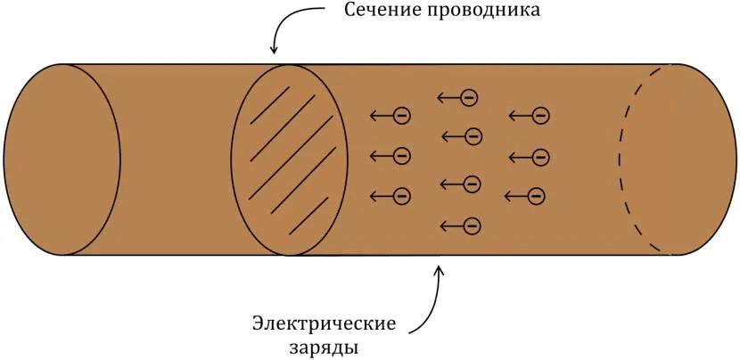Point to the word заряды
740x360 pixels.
(x=324, y=346)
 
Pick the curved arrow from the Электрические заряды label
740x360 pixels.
(x=432, y=299)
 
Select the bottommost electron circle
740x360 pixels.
(x=473, y=225)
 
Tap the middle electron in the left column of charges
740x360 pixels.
(x=401, y=156)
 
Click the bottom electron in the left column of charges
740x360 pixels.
(x=401, y=195)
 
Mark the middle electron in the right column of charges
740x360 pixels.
(x=540, y=157)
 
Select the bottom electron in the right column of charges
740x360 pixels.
(x=535, y=195)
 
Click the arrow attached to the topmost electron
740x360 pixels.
(x=448, y=96)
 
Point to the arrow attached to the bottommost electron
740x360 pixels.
(x=451, y=225)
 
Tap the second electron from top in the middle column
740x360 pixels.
(x=473, y=135)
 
